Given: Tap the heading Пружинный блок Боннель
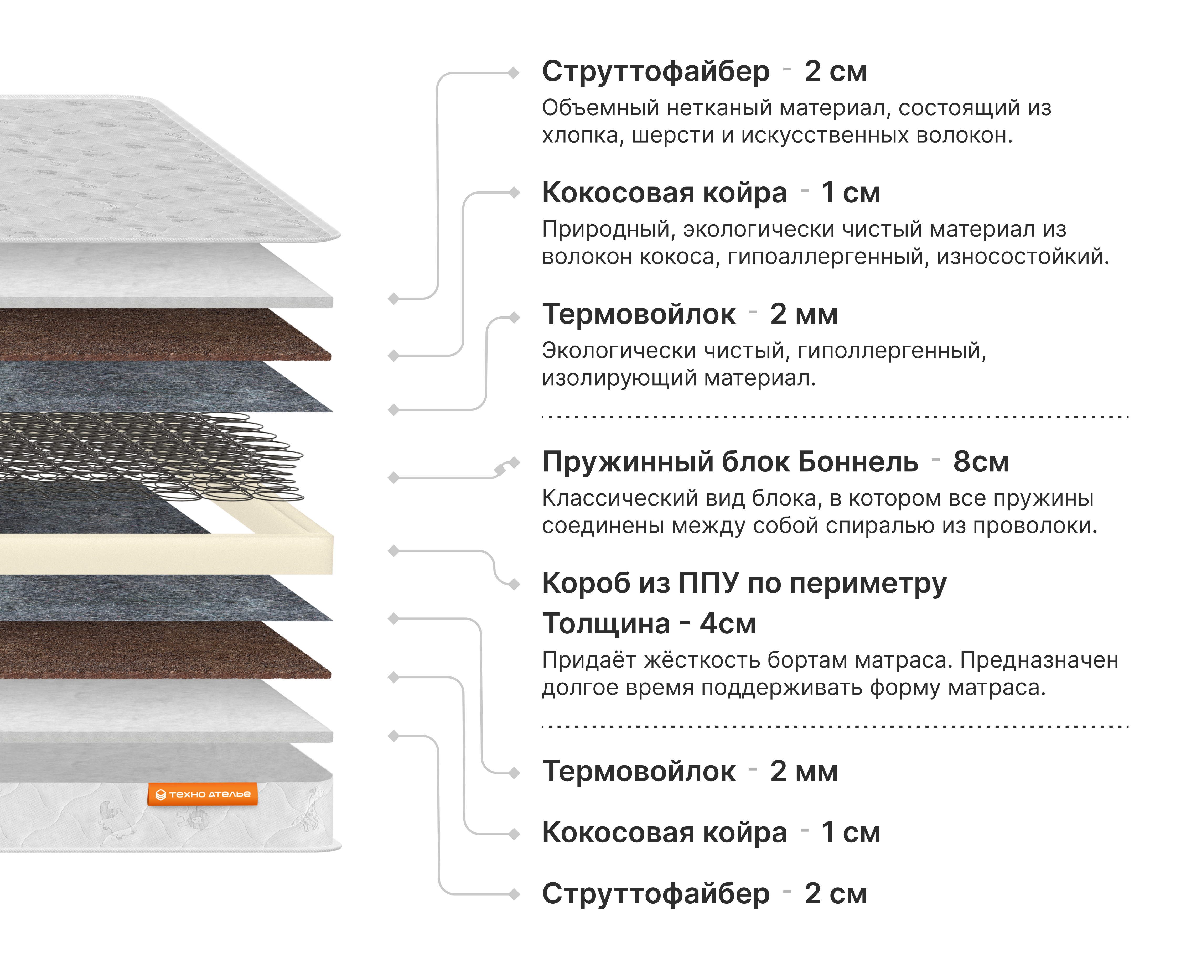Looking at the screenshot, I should pos(729,461).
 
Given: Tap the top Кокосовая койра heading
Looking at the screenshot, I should pos(664,193).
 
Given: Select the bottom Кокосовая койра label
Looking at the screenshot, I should pos(664,833).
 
